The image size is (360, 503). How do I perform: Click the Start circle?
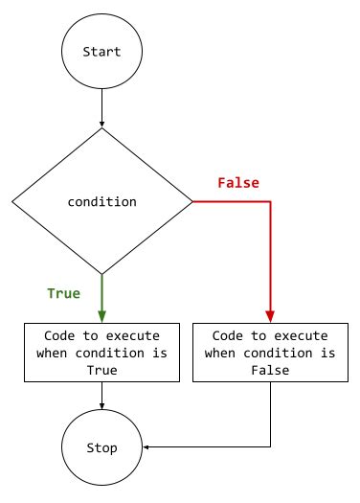click(x=101, y=51)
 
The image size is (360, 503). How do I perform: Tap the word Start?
click(x=101, y=52)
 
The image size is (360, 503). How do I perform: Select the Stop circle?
click(x=101, y=446)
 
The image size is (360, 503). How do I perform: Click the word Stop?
click(x=101, y=447)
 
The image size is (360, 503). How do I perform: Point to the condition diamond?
click(x=101, y=201)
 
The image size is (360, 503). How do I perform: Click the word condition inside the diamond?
click(x=101, y=202)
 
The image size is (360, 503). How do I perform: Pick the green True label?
click(x=64, y=293)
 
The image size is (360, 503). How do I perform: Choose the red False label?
click(x=238, y=182)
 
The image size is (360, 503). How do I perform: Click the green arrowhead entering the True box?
click(x=101, y=315)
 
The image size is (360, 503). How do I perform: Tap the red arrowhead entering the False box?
click(x=271, y=315)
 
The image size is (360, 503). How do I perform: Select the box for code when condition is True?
click(x=101, y=353)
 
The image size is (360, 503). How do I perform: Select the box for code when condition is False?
click(x=271, y=353)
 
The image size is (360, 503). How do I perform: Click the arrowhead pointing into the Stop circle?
click(x=146, y=446)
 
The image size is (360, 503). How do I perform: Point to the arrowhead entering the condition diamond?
click(x=101, y=124)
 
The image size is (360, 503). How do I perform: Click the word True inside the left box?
click(x=101, y=369)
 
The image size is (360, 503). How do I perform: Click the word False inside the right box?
click(x=271, y=369)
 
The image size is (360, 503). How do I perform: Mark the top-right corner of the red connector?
click(x=271, y=202)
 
